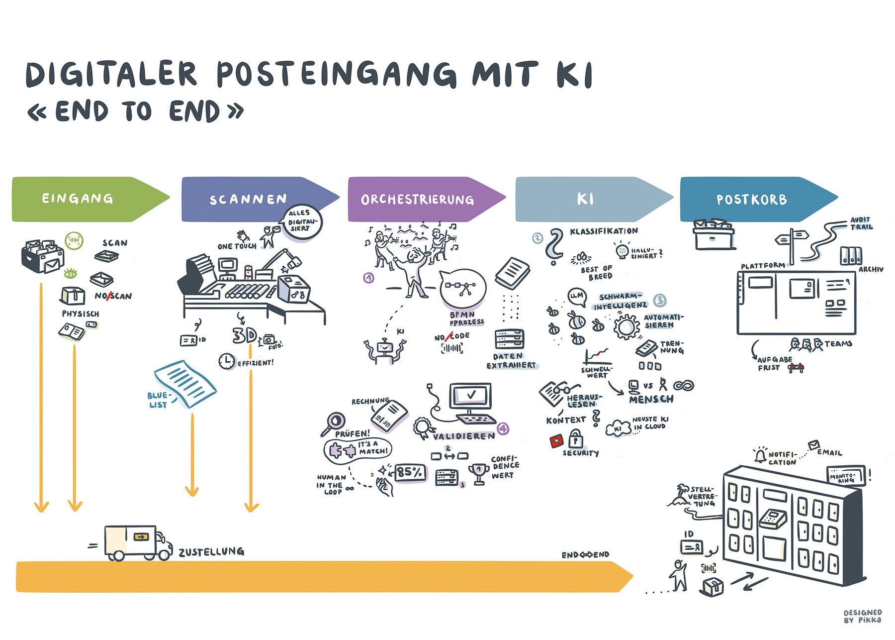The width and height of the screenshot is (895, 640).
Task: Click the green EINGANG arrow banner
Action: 80,199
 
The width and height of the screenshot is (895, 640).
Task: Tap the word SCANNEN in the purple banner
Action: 248,200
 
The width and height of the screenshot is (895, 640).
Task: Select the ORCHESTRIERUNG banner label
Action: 417,200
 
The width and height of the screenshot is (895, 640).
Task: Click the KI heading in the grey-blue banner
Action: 585,199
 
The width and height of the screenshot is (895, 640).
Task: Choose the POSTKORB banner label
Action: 752,200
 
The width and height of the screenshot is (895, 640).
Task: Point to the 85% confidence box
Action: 410,472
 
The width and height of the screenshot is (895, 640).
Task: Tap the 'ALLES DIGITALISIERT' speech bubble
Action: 301,221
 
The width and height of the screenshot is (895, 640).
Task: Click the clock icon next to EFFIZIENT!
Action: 227,361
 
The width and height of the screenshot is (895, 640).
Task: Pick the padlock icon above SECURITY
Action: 576,440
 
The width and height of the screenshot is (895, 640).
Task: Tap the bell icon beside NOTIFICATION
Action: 760,455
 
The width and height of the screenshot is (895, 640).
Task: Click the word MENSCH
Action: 651,399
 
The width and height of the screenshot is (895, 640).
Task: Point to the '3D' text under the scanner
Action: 244,335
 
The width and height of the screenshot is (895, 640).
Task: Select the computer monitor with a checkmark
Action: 470,396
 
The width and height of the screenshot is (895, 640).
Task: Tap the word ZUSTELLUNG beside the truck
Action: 211,551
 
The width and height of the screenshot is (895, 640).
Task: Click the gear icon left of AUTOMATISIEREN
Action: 626,326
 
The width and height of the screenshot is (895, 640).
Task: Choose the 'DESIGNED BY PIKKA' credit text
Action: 862,616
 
